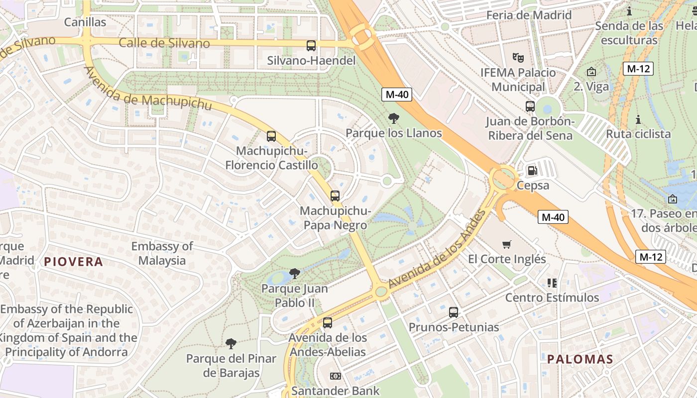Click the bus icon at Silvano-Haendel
(311, 46)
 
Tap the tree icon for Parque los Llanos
(394, 118)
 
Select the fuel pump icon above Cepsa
(532, 171)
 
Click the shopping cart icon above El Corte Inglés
(507, 244)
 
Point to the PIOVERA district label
(74, 262)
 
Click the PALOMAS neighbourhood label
(580, 359)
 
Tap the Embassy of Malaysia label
(162, 253)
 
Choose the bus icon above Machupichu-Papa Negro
(335, 196)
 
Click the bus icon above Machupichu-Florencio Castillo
(271, 136)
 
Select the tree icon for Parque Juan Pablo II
(294, 274)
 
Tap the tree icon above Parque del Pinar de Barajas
(231, 343)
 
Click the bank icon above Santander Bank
(336, 376)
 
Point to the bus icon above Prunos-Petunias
(454, 312)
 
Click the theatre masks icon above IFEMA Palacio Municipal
(518, 58)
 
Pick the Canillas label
(85, 22)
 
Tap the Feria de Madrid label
(529, 15)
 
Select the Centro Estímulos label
(552, 298)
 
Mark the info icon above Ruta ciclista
(638, 119)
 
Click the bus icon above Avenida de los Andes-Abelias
(328, 323)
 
